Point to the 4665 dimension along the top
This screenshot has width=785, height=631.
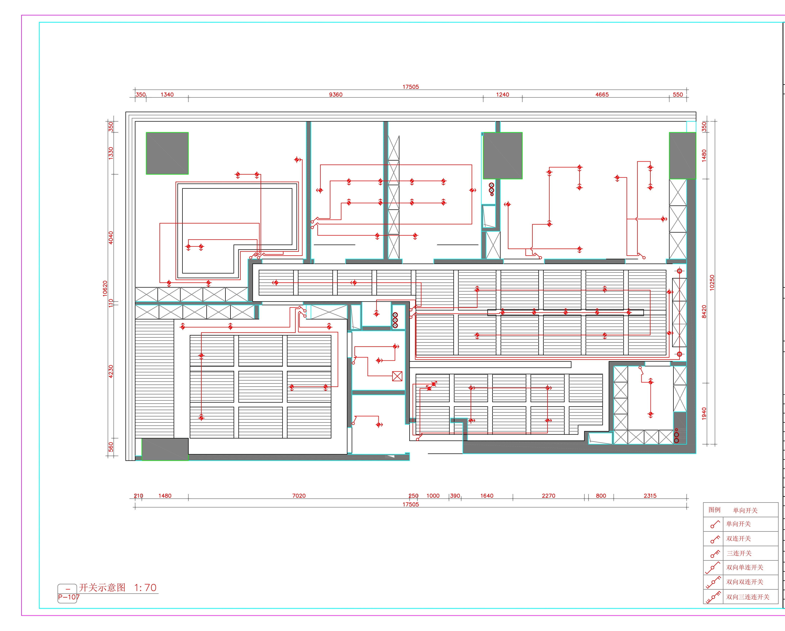pyautogui.click(x=602, y=95)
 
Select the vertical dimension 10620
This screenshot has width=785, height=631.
pyautogui.click(x=105, y=288)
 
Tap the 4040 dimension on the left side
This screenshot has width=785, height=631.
pyautogui.click(x=111, y=238)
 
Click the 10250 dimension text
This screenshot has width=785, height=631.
pyautogui.click(x=712, y=283)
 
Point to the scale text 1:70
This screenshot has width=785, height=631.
pyautogui.click(x=145, y=588)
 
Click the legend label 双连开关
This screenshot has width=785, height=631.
pyautogui.click(x=738, y=539)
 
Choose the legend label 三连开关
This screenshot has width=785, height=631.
pyautogui.click(x=739, y=553)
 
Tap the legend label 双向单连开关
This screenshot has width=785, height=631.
pyautogui.click(x=745, y=567)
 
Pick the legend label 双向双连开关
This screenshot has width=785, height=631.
pyautogui.click(x=745, y=582)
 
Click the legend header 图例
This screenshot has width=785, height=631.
pyautogui.click(x=714, y=510)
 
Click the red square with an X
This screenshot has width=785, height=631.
pyautogui.click(x=397, y=376)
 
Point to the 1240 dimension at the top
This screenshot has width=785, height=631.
pyautogui.click(x=502, y=95)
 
